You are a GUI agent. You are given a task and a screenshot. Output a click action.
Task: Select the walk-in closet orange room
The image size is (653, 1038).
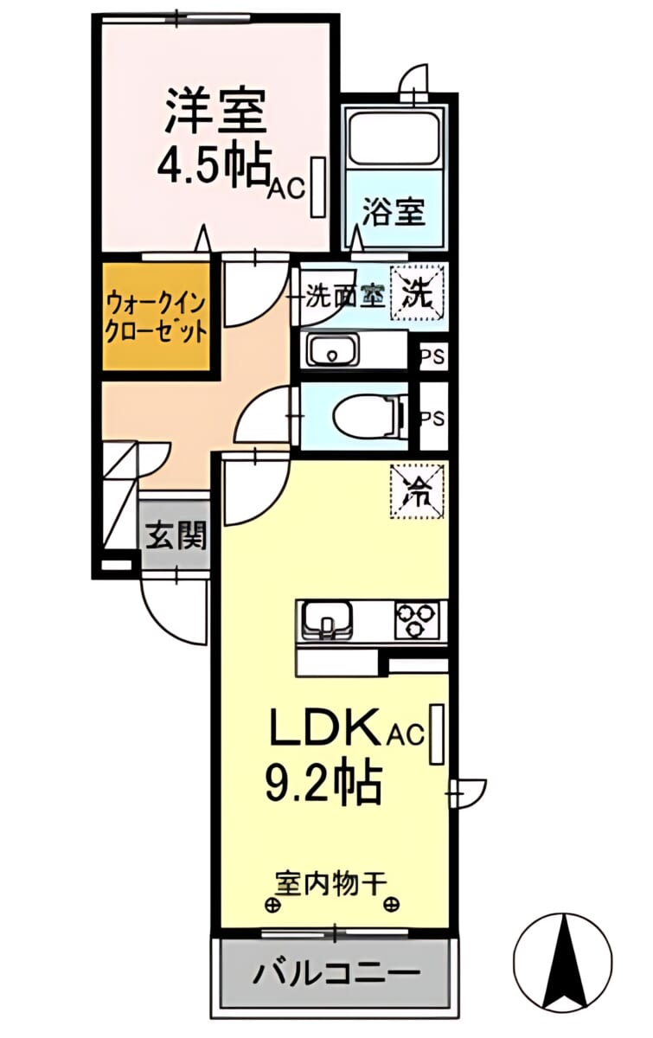(157, 317)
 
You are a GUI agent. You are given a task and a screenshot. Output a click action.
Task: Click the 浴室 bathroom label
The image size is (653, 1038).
(394, 211)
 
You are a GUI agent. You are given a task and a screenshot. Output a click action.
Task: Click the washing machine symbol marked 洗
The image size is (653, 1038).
(417, 293)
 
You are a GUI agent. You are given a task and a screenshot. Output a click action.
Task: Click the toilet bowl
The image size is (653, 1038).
(370, 415)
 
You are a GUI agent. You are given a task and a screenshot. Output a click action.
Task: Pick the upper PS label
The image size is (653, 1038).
(432, 356)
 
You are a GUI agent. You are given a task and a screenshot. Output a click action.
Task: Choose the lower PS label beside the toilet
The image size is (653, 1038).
(432, 419)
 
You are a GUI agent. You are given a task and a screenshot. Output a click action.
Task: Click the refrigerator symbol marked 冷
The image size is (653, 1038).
(417, 491)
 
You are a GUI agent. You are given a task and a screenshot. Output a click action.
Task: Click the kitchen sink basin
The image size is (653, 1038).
(327, 619)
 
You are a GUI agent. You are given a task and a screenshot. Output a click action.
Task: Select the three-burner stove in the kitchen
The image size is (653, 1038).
(416, 620)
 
